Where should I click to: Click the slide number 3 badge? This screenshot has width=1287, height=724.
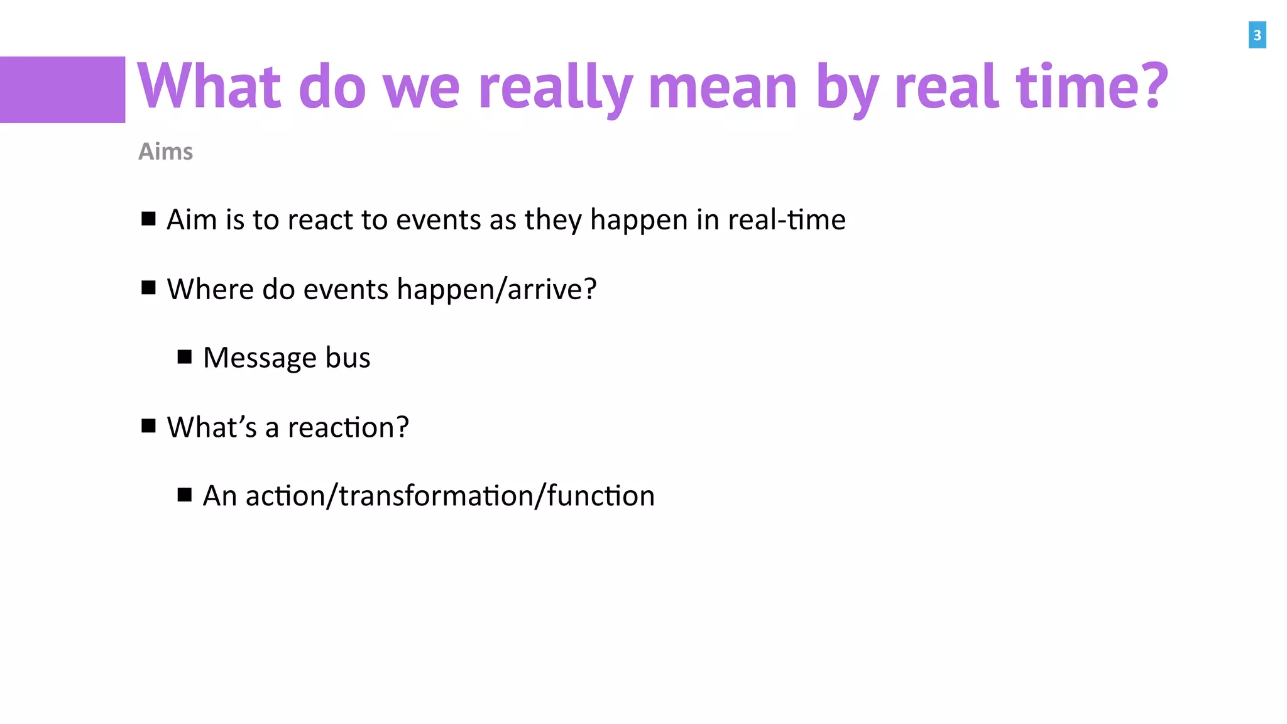[x=1257, y=35]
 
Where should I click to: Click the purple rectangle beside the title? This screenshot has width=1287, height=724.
[x=62, y=90]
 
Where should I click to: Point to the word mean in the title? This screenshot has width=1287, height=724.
[x=723, y=87]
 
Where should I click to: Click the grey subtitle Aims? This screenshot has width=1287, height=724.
[x=165, y=151]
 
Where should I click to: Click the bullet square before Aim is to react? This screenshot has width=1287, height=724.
[x=148, y=219]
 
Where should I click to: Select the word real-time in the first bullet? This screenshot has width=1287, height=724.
[x=786, y=220]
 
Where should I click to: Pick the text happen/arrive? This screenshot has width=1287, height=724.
[x=496, y=289]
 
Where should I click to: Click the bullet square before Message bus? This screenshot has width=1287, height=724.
[x=184, y=357]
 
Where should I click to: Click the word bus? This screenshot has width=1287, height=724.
[x=348, y=358]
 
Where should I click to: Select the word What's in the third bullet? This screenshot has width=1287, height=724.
[x=212, y=427]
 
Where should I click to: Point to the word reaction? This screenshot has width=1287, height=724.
[x=348, y=427]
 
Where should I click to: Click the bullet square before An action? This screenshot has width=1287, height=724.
[x=184, y=495]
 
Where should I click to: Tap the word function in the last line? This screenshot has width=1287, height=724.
[x=601, y=496]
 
